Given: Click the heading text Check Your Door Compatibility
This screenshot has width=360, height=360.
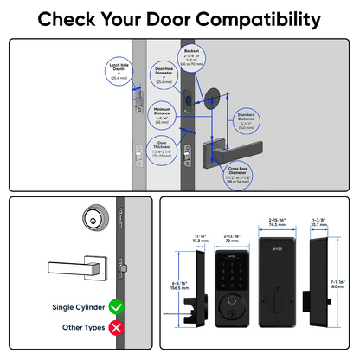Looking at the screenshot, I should click(180, 18).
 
